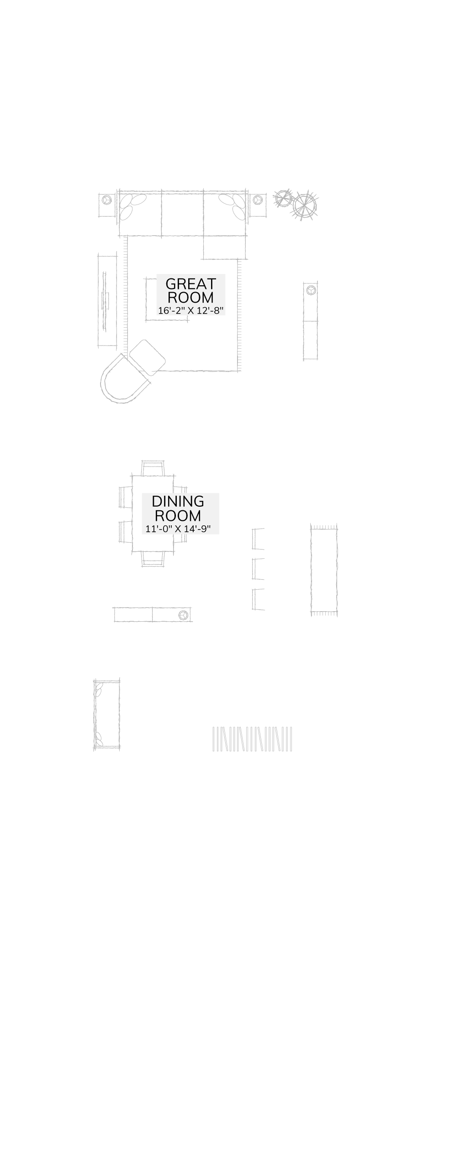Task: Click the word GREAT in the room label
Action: (x=190, y=284)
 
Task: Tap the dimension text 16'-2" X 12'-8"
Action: (x=190, y=311)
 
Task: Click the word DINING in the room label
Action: (x=178, y=501)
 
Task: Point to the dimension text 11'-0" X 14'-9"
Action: (x=178, y=529)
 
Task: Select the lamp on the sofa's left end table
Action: (x=106, y=200)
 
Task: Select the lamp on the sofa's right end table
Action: (x=258, y=200)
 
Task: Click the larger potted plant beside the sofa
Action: (x=305, y=205)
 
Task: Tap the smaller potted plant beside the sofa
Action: (x=283, y=198)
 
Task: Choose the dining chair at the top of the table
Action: (x=153, y=468)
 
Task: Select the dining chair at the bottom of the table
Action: (x=153, y=558)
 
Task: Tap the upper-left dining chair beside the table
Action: (x=125, y=497)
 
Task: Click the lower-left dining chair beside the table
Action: (x=125, y=532)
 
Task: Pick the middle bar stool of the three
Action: (x=259, y=569)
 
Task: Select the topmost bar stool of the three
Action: (x=259, y=539)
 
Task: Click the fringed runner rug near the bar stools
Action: (x=324, y=570)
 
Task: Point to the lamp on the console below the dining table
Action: (x=184, y=615)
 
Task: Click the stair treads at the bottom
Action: (x=252, y=739)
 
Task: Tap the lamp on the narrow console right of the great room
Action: (x=311, y=290)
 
